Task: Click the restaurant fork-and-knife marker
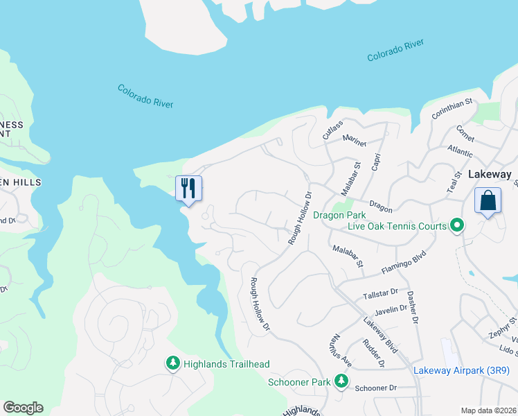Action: [x=188, y=189]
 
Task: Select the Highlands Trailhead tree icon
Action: [x=172, y=363]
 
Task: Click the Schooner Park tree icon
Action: [x=341, y=381]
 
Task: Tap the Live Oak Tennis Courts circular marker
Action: [x=456, y=226]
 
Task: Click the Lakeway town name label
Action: [x=490, y=175]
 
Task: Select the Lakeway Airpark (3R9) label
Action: [x=461, y=370]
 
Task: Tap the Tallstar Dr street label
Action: [x=381, y=295]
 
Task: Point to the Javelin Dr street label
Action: [x=388, y=309]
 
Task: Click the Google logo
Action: [x=23, y=408]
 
